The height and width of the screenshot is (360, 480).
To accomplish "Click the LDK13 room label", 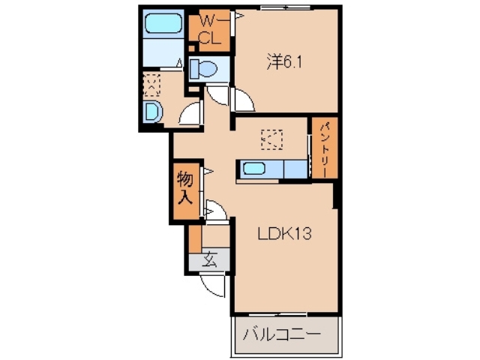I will (x=285, y=233).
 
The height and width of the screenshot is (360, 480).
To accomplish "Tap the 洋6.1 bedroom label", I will (x=283, y=63).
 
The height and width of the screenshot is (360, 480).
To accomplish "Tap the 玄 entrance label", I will (x=210, y=262).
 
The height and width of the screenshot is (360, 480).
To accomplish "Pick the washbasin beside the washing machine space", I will (x=152, y=113).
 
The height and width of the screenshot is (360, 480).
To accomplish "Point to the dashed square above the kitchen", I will (x=271, y=139).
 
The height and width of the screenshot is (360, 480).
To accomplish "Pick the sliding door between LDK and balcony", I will (x=283, y=313).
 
